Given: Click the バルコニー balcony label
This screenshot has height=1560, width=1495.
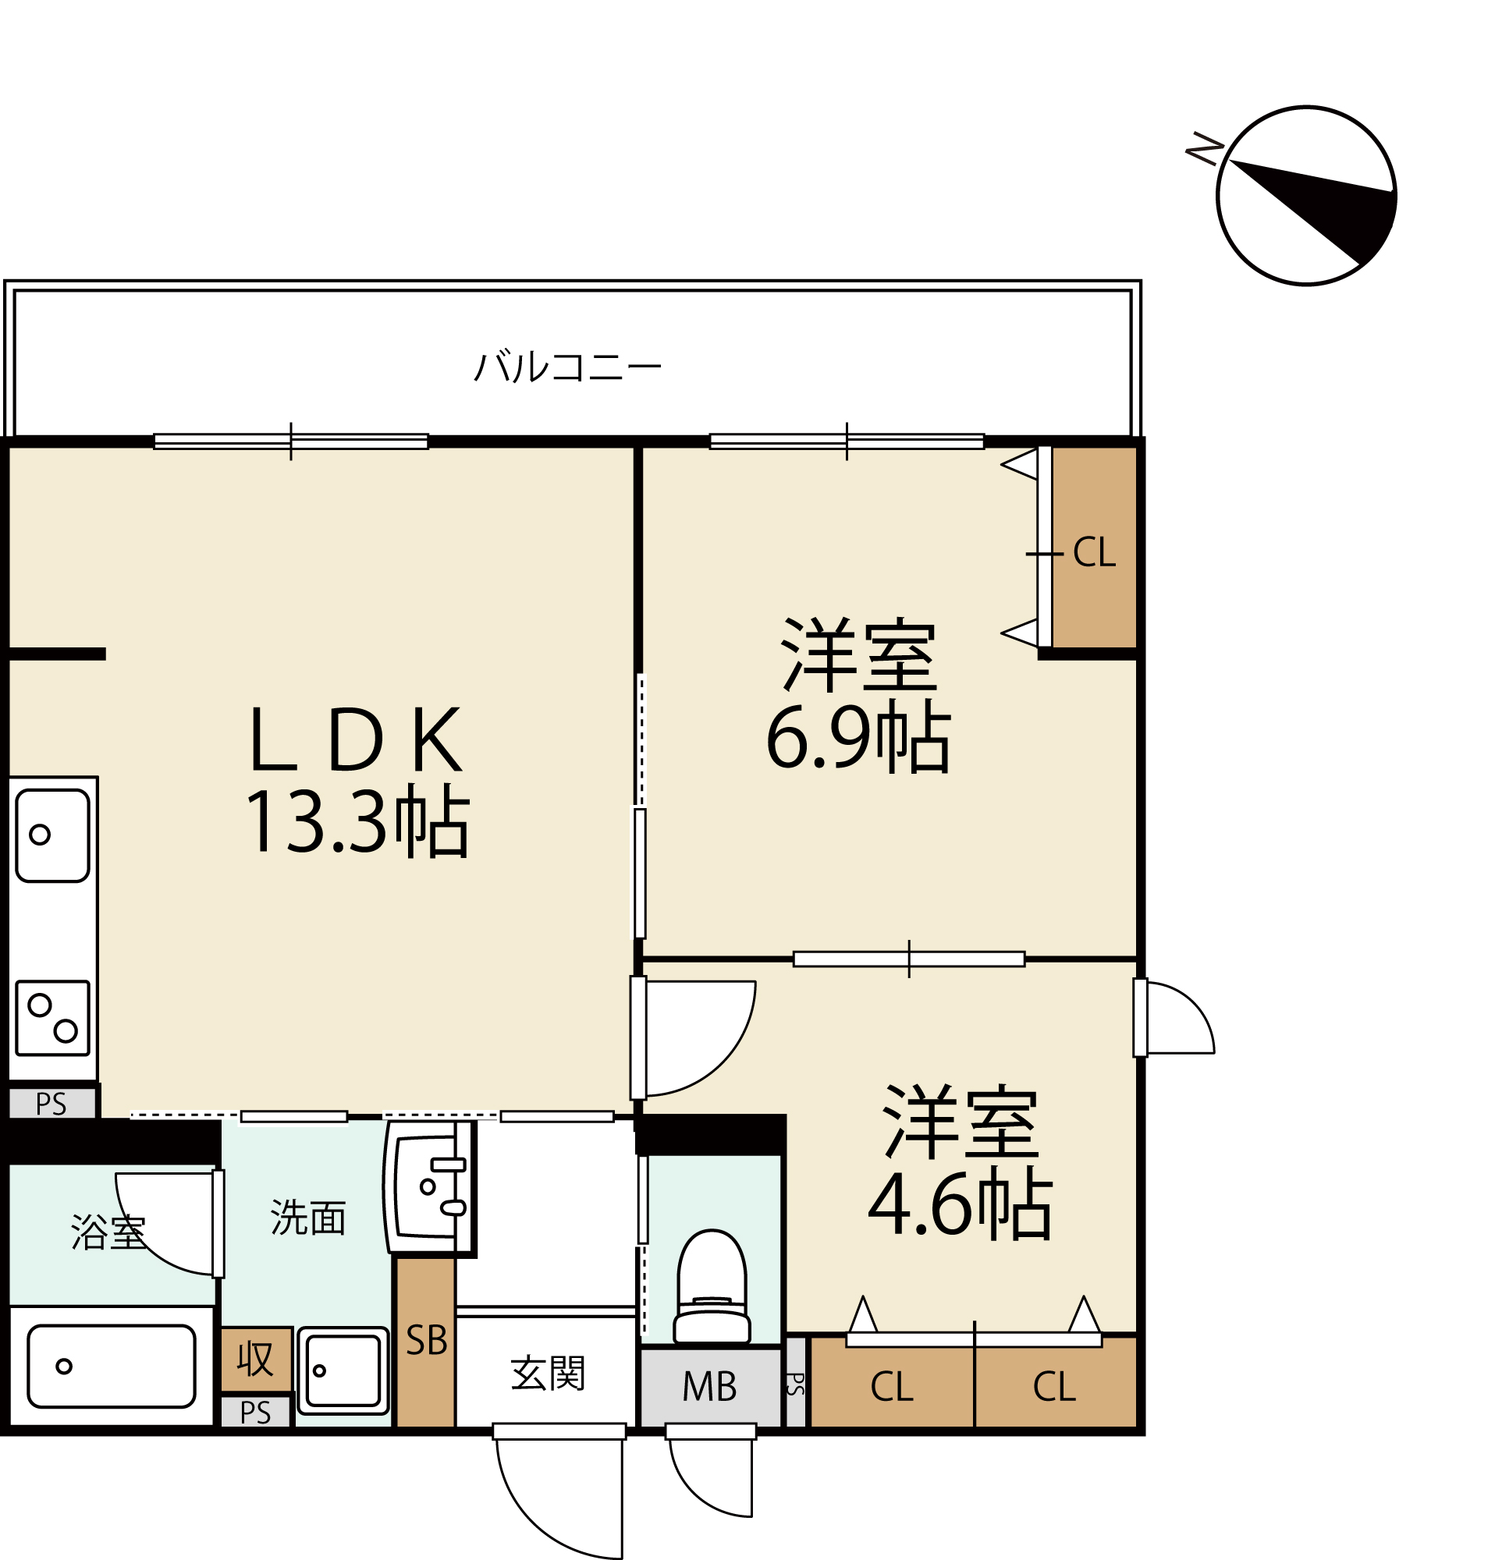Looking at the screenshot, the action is pyautogui.click(x=567, y=367).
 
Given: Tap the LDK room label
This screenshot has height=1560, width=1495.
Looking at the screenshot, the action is pyautogui.click(x=355, y=739).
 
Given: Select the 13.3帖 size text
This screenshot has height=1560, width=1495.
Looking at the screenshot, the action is pyautogui.click(x=357, y=822).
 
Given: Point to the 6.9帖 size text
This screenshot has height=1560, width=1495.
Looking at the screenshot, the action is pyautogui.click(x=858, y=737).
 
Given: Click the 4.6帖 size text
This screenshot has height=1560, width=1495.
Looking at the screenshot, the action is pyautogui.click(x=959, y=1204).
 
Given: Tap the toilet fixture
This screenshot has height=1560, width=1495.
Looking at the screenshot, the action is pyautogui.click(x=711, y=1289).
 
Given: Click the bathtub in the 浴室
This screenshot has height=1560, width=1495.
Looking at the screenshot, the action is pyautogui.click(x=112, y=1366).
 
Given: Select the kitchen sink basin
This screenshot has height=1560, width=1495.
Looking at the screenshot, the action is pyautogui.click(x=52, y=835).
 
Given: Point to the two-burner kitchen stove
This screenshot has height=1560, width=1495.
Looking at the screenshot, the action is pyautogui.click(x=52, y=1018).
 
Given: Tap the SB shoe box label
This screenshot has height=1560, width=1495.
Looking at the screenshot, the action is pyautogui.click(x=427, y=1341).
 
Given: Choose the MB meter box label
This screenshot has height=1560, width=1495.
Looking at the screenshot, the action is pyautogui.click(x=709, y=1388).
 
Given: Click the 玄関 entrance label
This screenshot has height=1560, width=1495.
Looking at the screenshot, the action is pyautogui.click(x=548, y=1374).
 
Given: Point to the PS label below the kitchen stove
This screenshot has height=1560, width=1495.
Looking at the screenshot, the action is pyautogui.click(x=51, y=1104).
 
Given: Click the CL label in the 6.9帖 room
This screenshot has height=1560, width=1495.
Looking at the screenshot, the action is pyautogui.click(x=1094, y=552).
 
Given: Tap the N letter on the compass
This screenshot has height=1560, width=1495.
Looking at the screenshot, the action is pyautogui.click(x=1204, y=149).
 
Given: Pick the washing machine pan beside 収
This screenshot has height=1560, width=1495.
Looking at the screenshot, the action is pyautogui.click(x=343, y=1370).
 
